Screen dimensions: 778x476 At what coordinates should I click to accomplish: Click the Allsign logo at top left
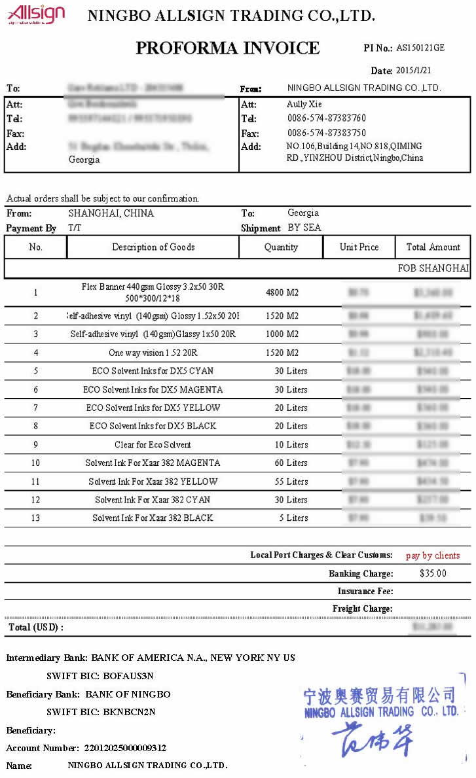coord(36,14)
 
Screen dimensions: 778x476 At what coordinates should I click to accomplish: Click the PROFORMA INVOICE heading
coord(227,48)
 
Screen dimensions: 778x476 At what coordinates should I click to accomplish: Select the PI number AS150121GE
coord(420,48)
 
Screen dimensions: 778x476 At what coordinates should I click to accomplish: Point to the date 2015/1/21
coord(413,71)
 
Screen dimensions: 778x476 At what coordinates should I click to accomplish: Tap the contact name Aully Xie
coord(304,104)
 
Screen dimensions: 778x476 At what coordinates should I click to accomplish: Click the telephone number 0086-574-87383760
coord(326,118)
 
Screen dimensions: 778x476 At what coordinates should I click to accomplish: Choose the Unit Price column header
coord(359,247)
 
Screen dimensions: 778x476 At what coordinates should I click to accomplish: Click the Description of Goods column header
coord(153,247)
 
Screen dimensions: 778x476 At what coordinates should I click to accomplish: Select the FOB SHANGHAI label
coord(433,268)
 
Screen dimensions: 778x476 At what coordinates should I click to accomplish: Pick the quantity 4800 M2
coord(282,292)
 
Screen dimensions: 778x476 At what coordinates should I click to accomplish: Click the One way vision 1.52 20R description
coord(153,353)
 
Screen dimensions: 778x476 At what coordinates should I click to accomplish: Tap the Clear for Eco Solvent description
coord(153,444)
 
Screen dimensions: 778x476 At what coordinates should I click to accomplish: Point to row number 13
coord(36,518)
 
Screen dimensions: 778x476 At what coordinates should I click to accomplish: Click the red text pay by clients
coord(432,556)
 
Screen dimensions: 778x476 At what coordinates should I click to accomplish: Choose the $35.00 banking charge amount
coord(433,574)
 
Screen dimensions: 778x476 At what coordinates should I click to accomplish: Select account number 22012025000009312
coord(125,748)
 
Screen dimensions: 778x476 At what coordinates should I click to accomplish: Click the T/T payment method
coord(75,228)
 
